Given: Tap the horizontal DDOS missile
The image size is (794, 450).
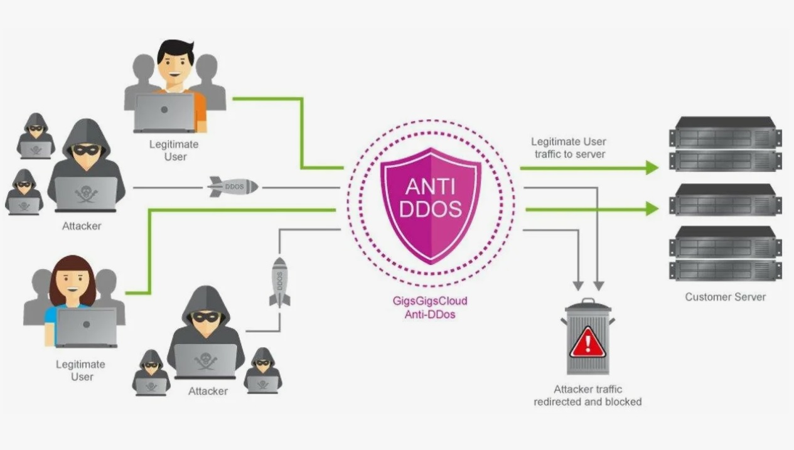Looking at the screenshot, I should [233, 186].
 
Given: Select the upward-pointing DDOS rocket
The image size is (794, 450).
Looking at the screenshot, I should [280, 281].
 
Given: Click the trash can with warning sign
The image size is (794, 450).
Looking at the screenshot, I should [587, 337].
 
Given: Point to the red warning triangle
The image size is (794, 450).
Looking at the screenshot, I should [587, 343].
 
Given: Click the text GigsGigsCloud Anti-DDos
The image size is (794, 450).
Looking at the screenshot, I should [430, 308].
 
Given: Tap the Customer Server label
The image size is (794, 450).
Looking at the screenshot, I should [725, 297].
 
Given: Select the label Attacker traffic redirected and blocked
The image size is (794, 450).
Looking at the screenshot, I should [587, 395].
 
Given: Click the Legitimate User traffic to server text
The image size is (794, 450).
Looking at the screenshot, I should [569, 147].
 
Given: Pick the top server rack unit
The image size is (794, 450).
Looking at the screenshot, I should [725, 144].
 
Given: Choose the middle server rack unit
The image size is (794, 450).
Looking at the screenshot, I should [725, 200].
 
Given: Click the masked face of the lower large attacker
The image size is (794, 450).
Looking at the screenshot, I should [205, 317].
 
